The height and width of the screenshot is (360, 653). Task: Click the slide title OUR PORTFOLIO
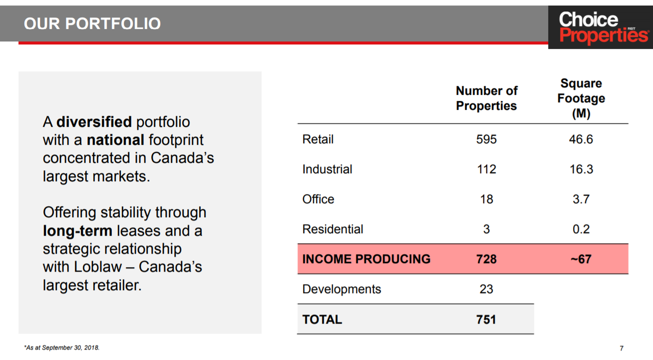92,23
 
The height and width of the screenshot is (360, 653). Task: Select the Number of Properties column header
486,98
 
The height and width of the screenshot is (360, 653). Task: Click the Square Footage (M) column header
581,98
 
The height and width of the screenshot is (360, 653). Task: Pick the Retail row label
318,139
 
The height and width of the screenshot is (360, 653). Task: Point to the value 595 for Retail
486,139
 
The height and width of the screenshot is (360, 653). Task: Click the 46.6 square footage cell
581,139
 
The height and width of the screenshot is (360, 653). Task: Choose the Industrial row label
327,169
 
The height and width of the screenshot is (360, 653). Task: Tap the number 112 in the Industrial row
486,169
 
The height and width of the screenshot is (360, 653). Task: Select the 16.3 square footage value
581,169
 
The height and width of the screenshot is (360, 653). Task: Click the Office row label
318,199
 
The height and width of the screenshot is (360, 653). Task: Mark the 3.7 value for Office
581,199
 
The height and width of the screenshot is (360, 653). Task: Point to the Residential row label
332,229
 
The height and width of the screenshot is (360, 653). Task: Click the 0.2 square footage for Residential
581,229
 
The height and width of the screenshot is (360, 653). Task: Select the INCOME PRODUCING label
366,259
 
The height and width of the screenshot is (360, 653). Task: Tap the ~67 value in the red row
581,259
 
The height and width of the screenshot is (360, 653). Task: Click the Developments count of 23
486,289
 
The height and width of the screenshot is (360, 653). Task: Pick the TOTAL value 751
486,320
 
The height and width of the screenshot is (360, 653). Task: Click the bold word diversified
94,122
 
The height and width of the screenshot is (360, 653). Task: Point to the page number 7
622,348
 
